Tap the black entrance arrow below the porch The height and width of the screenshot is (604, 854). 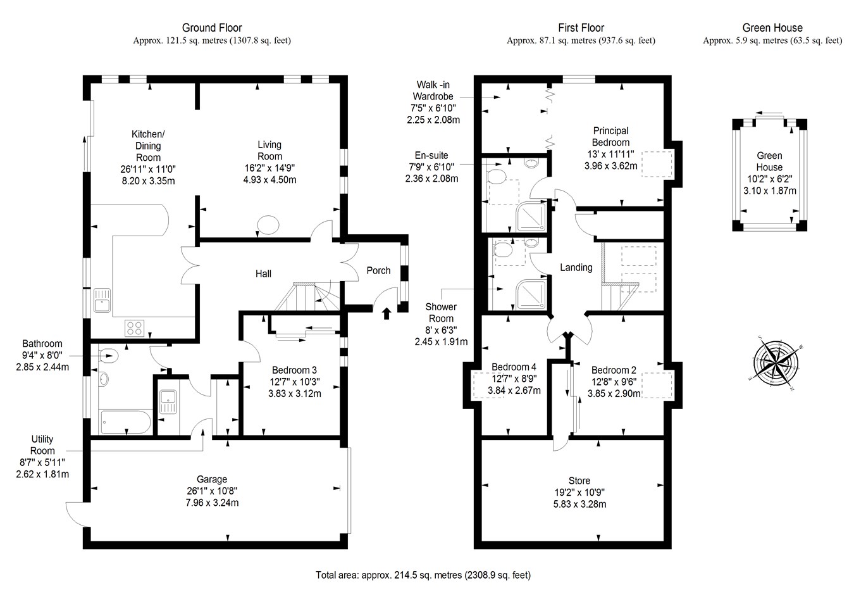click(x=387, y=312)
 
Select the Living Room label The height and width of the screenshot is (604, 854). click(x=269, y=151)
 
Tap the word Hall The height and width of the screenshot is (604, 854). click(x=263, y=274)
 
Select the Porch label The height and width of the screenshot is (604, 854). click(x=378, y=270)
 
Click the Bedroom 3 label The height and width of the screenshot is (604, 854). click(x=294, y=370)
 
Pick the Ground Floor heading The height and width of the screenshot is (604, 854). click(x=212, y=28)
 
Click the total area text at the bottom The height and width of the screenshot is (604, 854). click(x=423, y=576)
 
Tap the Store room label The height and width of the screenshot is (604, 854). click(x=579, y=481)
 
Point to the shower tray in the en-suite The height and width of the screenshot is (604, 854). click(x=530, y=217)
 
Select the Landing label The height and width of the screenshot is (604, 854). click(x=576, y=268)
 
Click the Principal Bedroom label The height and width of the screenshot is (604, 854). click(x=610, y=137)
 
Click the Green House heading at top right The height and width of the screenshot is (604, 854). click(x=772, y=28)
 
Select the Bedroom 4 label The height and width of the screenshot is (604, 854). click(x=514, y=367)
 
